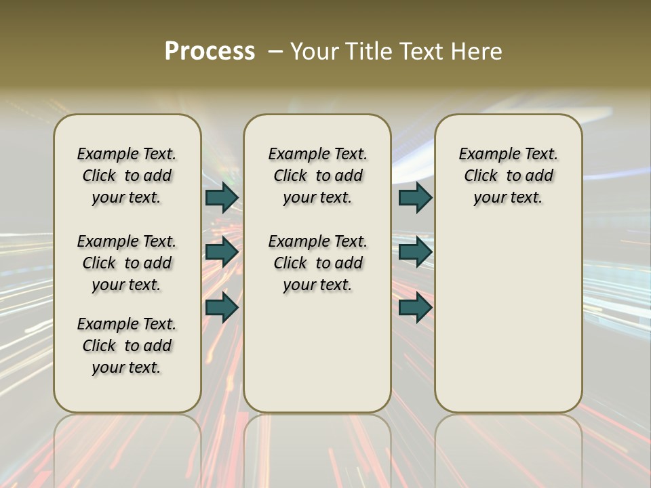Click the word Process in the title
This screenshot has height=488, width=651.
click(x=210, y=52)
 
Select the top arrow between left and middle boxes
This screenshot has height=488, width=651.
click(x=222, y=197)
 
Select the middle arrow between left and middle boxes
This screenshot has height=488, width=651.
click(x=222, y=252)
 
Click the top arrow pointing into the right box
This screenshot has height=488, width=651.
click(x=415, y=197)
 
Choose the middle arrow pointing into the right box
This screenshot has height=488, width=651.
click(x=415, y=252)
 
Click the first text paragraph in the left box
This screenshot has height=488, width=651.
click(x=127, y=176)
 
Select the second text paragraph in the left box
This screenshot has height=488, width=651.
click(x=127, y=263)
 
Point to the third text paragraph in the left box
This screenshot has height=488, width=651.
click(x=127, y=346)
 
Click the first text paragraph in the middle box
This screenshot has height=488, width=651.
click(x=317, y=176)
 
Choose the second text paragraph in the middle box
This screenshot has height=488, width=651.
click(x=317, y=263)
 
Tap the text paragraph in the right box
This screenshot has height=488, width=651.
click(x=509, y=176)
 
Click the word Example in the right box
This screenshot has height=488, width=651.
click(x=486, y=155)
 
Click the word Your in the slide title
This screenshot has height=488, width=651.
click(x=313, y=52)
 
